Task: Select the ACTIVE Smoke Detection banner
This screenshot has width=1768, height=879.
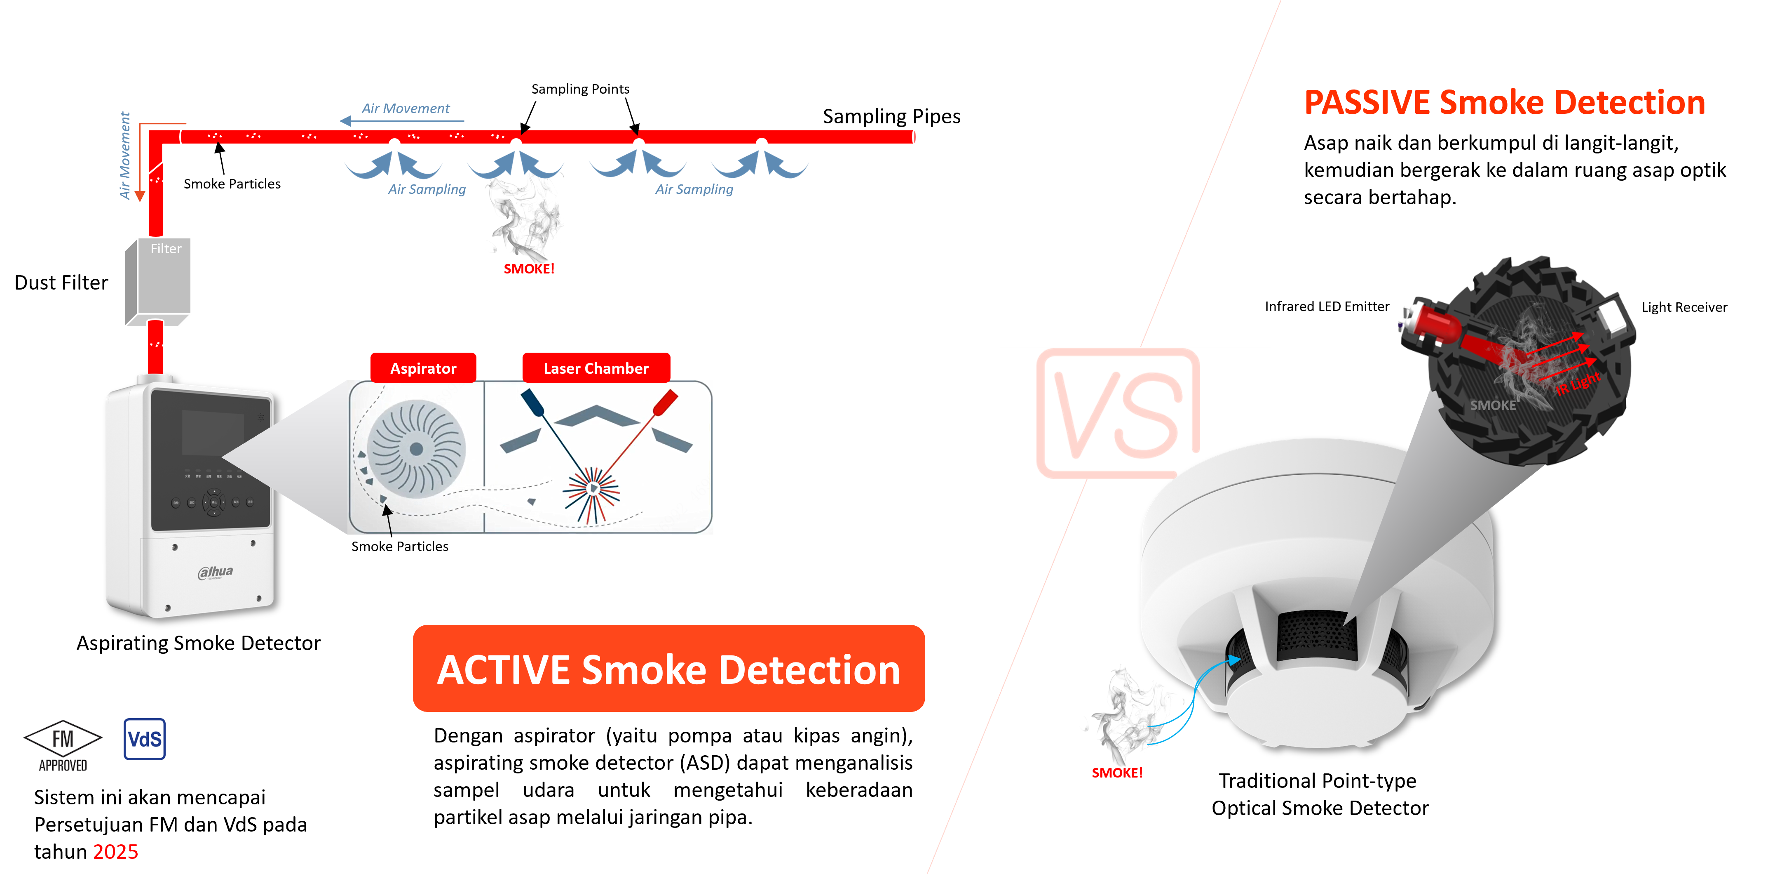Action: pyautogui.click(x=668, y=669)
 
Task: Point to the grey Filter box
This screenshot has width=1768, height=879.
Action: pyautogui.click(x=158, y=282)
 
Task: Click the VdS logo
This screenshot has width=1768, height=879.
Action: pyautogui.click(x=145, y=739)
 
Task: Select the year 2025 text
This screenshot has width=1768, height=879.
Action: pyautogui.click(x=115, y=851)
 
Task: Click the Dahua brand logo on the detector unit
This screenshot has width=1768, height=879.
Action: pyautogui.click(x=216, y=572)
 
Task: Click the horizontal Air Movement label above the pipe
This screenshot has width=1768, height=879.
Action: pyautogui.click(x=406, y=108)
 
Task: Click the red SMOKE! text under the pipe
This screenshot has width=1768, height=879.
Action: pyautogui.click(x=529, y=269)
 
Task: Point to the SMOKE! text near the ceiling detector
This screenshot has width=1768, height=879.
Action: pyautogui.click(x=1117, y=773)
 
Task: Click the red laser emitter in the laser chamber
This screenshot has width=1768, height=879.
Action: pyautogui.click(x=665, y=403)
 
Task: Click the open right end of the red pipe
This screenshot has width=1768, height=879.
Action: pyautogui.click(x=914, y=137)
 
